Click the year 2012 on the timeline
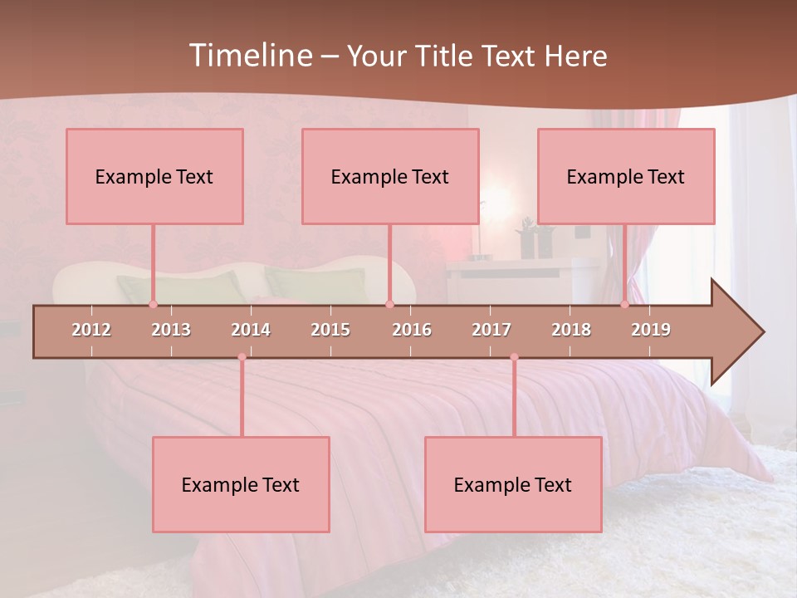[x=91, y=330]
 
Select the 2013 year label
[x=171, y=330]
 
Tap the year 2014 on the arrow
[x=251, y=330]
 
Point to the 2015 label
[x=330, y=330]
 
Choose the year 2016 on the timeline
[x=412, y=330]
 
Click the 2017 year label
[x=491, y=330]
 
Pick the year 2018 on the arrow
[x=571, y=330]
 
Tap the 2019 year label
[x=651, y=330]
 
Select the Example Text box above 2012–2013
[x=154, y=176]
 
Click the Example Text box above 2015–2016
[x=390, y=176]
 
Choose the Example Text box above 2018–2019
[x=626, y=176]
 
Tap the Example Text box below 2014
[x=241, y=484]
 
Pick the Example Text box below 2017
[x=513, y=484]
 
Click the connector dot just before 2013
[x=153, y=304]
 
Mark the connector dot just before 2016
[x=389, y=304]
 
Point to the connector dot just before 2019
[x=624, y=304]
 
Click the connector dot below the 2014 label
[x=242, y=357]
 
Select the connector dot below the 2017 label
[x=514, y=357]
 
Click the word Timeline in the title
[x=250, y=56]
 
